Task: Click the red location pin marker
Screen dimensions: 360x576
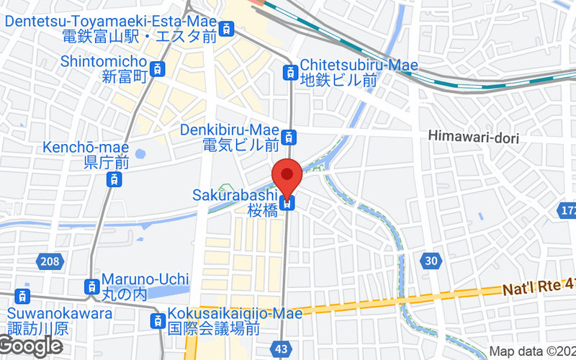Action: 288,175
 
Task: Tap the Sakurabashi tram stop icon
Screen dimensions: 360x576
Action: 288,204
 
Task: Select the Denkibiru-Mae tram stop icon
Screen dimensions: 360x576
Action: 289,136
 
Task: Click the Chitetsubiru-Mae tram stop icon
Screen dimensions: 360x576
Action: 290,72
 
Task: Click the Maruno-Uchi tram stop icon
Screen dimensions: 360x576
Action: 91,286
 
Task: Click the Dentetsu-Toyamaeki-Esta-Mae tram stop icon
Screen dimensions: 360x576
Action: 228,30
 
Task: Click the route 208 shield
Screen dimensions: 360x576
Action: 47,259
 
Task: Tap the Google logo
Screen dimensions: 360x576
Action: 31,346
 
